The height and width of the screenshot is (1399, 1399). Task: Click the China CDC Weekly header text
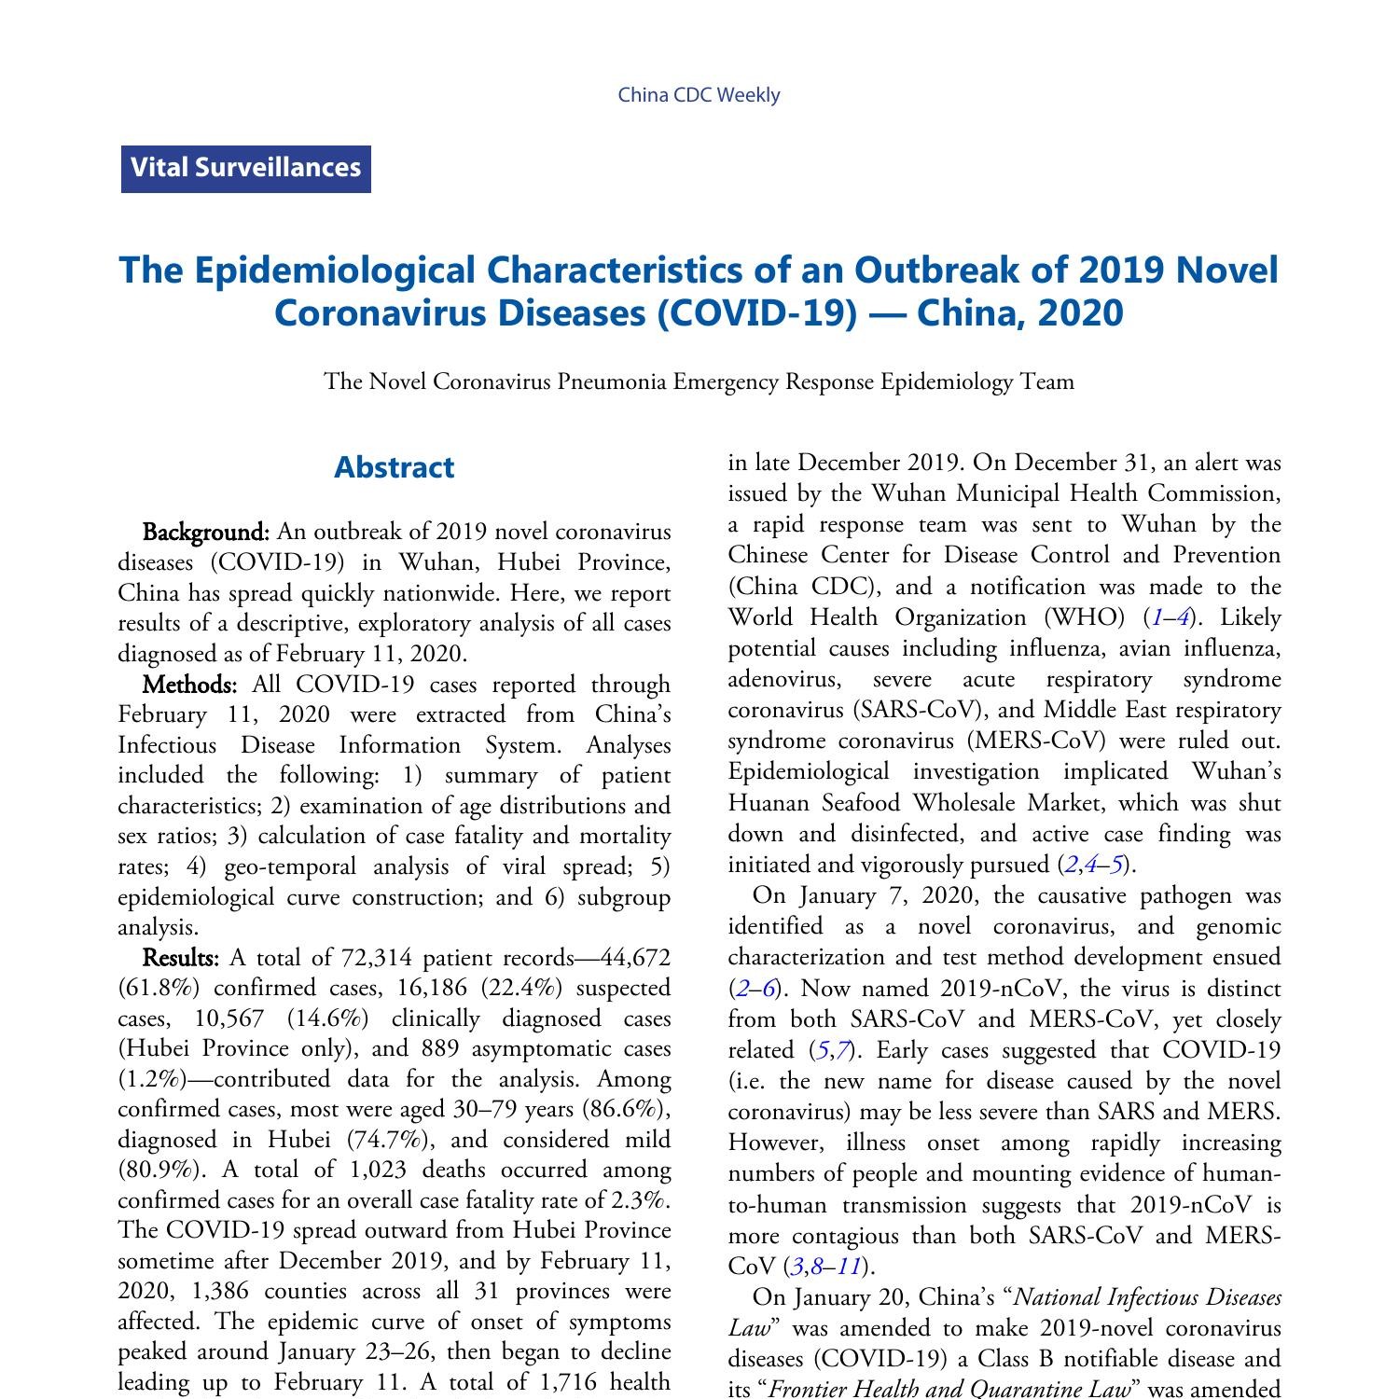(699, 95)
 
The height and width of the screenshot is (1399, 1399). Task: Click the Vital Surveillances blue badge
(246, 169)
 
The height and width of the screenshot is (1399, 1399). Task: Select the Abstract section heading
(394, 467)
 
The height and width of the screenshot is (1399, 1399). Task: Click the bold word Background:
(205, 532)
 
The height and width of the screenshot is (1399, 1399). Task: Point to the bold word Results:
(181, 958)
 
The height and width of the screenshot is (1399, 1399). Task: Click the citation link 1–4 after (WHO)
(1170, 617)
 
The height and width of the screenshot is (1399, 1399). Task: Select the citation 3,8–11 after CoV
(824, 1267)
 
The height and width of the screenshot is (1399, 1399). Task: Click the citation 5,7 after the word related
(834, 1050)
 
